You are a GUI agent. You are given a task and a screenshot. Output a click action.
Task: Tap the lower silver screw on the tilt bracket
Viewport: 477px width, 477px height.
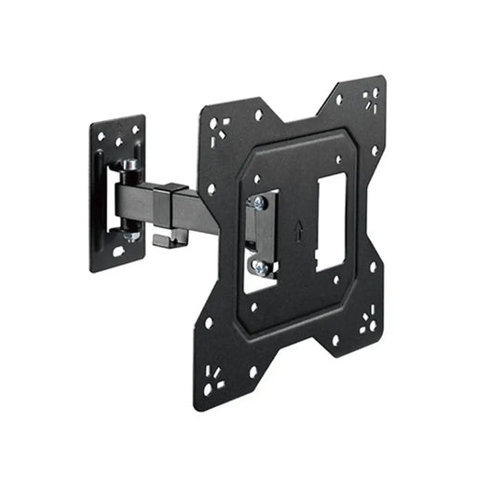pos(260,268)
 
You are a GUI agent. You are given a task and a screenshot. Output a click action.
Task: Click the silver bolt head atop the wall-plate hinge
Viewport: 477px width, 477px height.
pos(129,165)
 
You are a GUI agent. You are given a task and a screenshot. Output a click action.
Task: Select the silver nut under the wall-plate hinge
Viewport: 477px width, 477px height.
pos(131,235)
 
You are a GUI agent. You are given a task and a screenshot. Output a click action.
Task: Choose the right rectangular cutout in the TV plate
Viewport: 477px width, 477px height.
pos(331,224)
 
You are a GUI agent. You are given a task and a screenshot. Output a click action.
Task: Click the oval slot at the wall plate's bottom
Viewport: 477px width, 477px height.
pos(118,252)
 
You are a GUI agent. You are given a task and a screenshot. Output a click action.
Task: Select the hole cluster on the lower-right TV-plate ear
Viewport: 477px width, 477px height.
pos(368,321)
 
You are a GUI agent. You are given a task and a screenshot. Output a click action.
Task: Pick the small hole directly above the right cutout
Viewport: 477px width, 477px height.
pos(338,159)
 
